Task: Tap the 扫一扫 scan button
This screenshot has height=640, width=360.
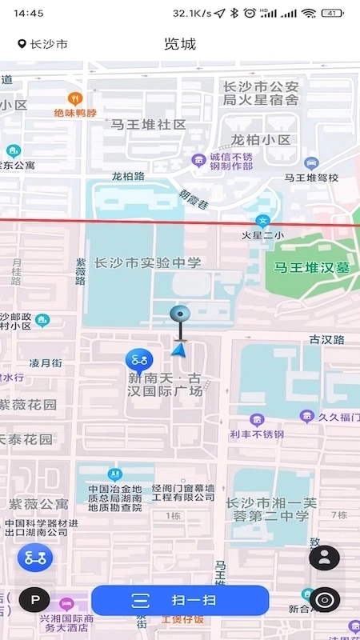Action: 180,600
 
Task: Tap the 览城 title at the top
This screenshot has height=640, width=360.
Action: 180,44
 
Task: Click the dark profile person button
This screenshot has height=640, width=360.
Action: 325,558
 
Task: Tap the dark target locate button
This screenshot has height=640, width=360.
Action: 325,599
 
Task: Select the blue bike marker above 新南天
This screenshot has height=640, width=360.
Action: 140,358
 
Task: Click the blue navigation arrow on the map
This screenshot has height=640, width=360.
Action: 180,349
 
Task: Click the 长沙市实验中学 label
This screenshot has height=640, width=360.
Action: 148,262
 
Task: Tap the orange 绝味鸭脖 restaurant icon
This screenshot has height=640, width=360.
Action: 75,99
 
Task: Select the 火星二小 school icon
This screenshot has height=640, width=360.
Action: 262,221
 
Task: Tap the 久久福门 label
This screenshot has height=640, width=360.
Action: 335,417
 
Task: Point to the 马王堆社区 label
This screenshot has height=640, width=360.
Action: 149,125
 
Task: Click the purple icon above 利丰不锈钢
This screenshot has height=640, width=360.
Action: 257,419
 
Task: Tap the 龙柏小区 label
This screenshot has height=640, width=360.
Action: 261,140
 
